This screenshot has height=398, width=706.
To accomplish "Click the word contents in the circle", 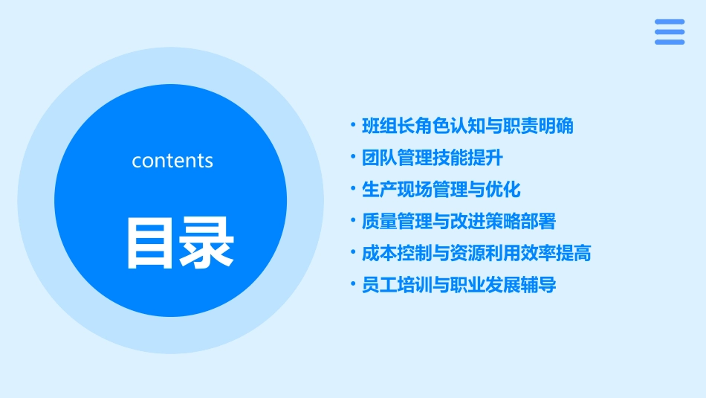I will tap(172, 161).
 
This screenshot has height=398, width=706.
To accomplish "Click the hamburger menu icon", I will tap(670, 32).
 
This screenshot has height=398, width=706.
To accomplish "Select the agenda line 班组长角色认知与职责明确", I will tap(467, 126).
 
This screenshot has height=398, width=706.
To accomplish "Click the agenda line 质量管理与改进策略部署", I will tap(459, 222).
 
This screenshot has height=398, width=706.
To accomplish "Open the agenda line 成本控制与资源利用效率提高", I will tap(476, 254).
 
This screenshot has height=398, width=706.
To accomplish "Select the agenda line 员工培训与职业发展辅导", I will tap(459, 286).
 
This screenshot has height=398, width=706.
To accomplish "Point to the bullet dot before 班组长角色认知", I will tap(353, 126).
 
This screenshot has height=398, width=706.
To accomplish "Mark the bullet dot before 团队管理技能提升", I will tap(353, 158).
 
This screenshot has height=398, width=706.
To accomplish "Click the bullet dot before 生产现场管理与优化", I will tap(353, 190).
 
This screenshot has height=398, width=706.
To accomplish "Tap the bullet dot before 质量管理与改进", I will tap(353, 222).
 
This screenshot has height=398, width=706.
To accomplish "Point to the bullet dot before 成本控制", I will tap(353, 254).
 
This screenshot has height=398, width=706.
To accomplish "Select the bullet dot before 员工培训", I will tap(353, 286).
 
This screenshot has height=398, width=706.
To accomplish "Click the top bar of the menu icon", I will tap(670, 22).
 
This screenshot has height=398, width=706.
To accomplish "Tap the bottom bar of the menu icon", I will tap(670, 42).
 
